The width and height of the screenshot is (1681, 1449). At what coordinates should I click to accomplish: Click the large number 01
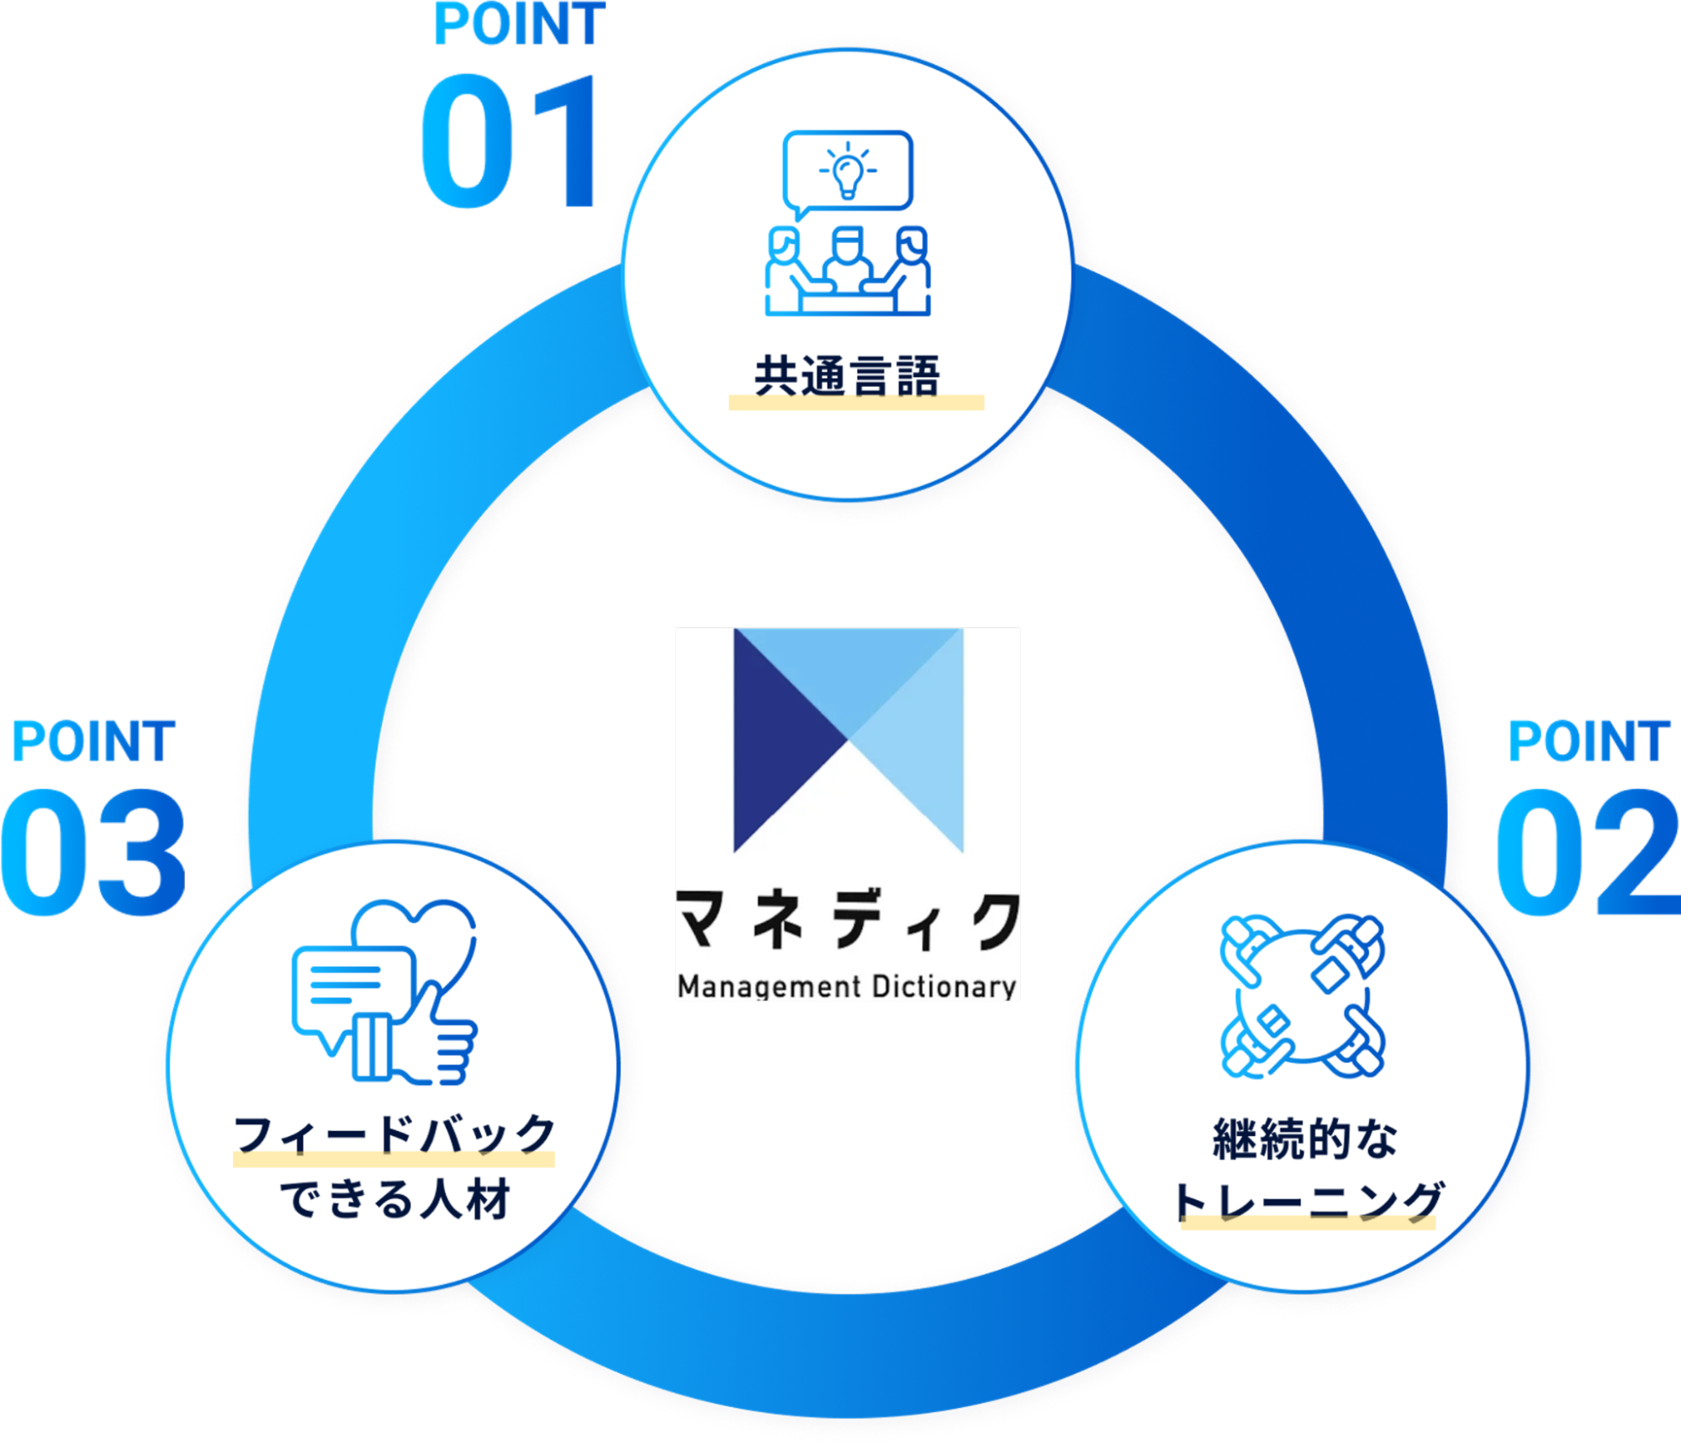tap(510, 141)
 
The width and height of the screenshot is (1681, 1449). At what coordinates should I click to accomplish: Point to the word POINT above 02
tap(1588, 742)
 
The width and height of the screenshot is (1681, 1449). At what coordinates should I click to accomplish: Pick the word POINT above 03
tap(93, 742)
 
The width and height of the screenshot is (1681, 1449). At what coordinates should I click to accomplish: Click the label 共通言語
tap(846, 376)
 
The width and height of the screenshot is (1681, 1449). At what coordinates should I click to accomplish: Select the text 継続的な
tap(1304, 1140)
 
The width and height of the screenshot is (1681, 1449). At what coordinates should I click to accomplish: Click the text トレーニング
tap(1308, 1201)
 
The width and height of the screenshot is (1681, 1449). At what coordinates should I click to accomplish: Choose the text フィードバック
tap(394, 1135)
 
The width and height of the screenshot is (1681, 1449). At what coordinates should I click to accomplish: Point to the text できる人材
tap(394, 1199)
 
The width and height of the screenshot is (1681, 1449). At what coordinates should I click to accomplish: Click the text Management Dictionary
tap(847, 986)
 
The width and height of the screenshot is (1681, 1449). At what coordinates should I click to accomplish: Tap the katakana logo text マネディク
tap(847, 922)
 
